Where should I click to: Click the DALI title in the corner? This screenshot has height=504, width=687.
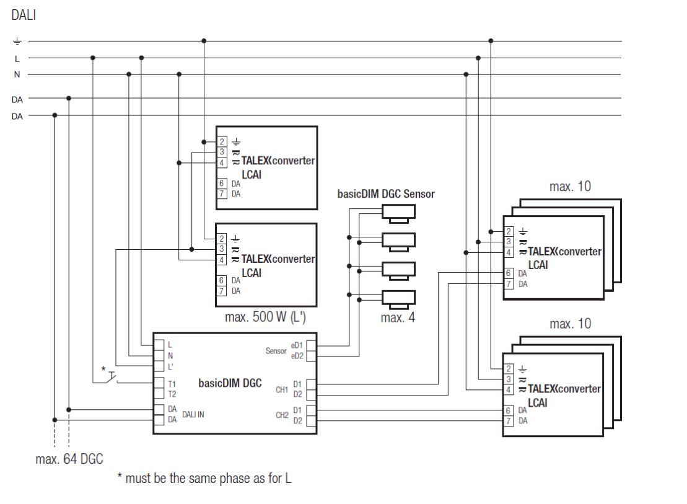click(x=24, y=15)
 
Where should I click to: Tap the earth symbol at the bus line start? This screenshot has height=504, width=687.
click(x=17, y=42)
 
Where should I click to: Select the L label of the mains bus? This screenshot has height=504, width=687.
click(x=17, y=58)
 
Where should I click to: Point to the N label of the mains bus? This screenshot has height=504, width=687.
click(x=17, y=74)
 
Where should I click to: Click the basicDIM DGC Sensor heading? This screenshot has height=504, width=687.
click(x=385, y=194)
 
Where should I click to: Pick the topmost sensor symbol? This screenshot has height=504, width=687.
click(x=399, y=213)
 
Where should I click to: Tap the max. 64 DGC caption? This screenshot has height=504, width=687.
click(x=69, y=459)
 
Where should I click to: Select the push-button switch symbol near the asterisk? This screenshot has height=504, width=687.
click(x=112, y=376)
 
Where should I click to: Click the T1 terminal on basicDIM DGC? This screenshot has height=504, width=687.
click(x=172, y=384)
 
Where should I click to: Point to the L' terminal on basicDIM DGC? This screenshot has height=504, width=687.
click(x=170, y=366)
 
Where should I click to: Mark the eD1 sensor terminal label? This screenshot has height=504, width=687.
click(x=296, y=345)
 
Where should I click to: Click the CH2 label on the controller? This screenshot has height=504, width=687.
click(x=282, y=415)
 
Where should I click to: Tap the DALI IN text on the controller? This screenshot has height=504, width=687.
click(x=193, y=414)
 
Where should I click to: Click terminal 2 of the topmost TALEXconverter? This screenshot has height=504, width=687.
click(x=221, y=142)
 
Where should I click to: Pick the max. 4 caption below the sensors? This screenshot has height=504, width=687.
click(x=397, y=319)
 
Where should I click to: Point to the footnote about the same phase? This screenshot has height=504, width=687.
click(x=204, y=479)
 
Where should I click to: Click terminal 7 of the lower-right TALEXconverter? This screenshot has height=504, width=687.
click(x=508, y=421)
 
